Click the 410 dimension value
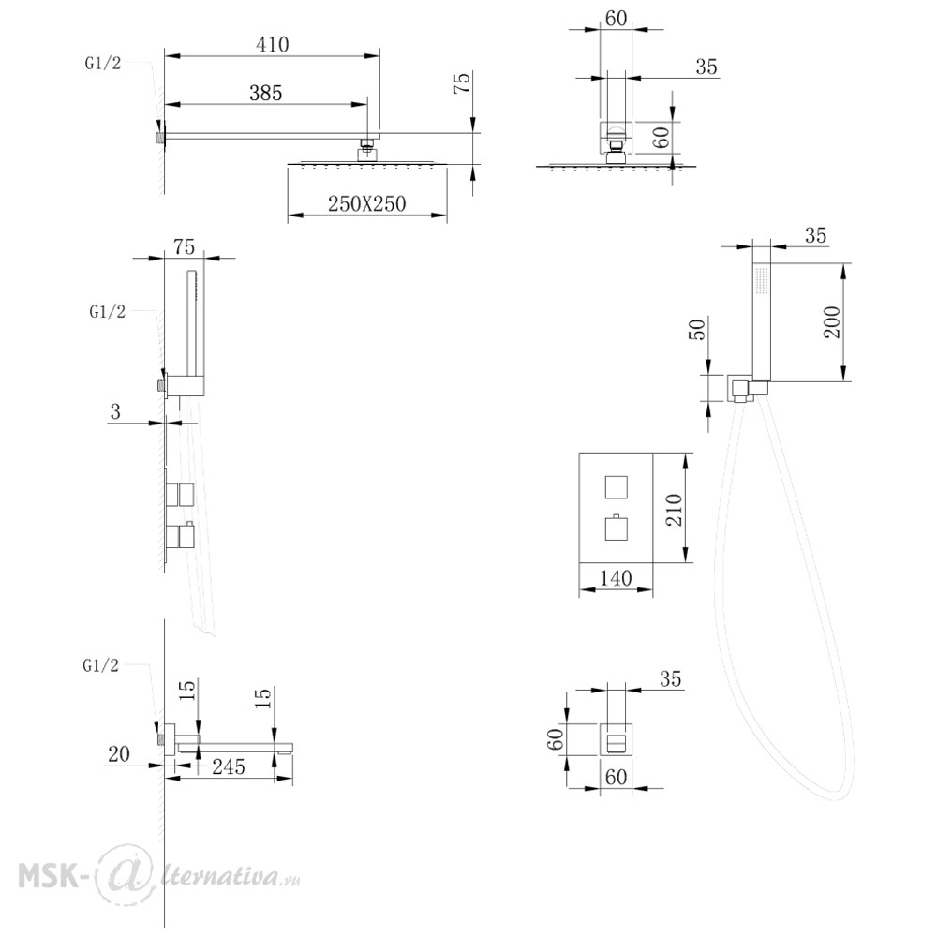point(273,45)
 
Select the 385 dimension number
point(266,93)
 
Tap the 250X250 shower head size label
point(367,203)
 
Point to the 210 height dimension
point(674,509)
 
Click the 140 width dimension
point(617,578)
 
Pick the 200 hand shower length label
point(832,322)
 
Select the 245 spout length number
point(229,766)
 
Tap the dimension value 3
point(115,411)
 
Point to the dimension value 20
point(118,754)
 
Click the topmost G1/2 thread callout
point(103,64)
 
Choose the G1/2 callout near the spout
point(101,665)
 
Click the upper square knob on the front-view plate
point(617,487)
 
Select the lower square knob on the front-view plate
point(617,528)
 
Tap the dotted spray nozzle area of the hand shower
point(762,280)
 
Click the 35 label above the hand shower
point(816,235)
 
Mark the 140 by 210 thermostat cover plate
point(617,508)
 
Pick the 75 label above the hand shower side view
point(184,246)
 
